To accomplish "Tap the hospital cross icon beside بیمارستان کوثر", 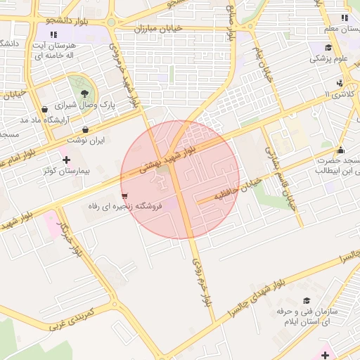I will point(66,160).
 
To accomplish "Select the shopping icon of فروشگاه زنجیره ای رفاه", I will point(124,196).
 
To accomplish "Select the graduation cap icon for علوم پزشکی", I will point(328,48).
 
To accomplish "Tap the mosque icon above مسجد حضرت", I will point(341,149).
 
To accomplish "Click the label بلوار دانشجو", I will point(67,20).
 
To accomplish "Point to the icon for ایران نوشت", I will point(86,129).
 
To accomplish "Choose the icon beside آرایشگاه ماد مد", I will point(45,109).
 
